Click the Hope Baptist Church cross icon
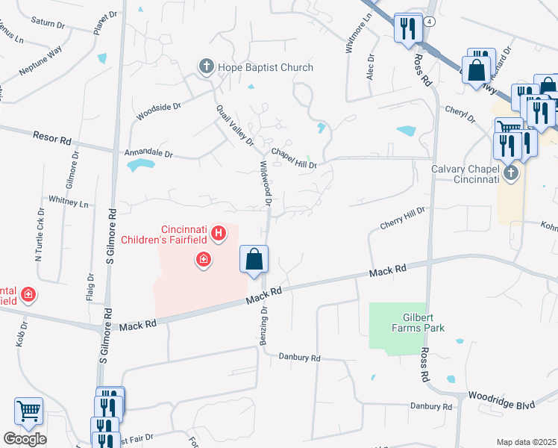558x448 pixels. tap(206, 67)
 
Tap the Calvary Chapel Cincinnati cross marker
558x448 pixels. tap(511, 174)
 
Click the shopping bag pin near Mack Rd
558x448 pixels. tap(254, 260)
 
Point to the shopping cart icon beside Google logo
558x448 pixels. tap(28, 411)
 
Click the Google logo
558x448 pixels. tap(25, 439)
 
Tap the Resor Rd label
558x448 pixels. tap(51, 138)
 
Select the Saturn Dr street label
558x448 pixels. tap(48, 23)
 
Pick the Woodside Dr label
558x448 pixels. tap(159, 111)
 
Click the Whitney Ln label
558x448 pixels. tap(68, 202)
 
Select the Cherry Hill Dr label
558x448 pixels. tap(402, 217)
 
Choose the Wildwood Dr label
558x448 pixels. tap(266, 180)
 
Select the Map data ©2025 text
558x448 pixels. tap(526, 442)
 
